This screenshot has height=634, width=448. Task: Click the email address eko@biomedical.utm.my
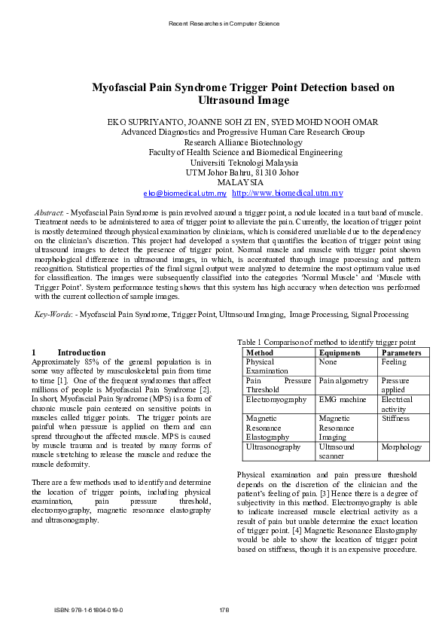(x=174, y=194)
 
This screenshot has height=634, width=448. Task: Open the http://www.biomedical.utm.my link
(x=277, y=194)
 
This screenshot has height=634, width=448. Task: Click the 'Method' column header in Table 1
(x=260, y=352)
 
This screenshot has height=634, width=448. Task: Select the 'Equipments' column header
(x=340, y=352)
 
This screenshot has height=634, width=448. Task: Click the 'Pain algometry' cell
(x=343, y=381)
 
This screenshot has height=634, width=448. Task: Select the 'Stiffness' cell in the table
(x=395, y=418)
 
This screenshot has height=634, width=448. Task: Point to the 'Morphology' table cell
(x=401, y=447)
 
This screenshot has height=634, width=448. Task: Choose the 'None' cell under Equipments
(x=328, y=362)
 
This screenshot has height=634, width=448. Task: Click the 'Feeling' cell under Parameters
(x=394, y=362)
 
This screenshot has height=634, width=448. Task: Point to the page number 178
(x=224, y=609)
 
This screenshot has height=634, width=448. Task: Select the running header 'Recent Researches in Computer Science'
(x=224, y=23)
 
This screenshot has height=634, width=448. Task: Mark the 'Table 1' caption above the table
(x=325, y=342)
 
